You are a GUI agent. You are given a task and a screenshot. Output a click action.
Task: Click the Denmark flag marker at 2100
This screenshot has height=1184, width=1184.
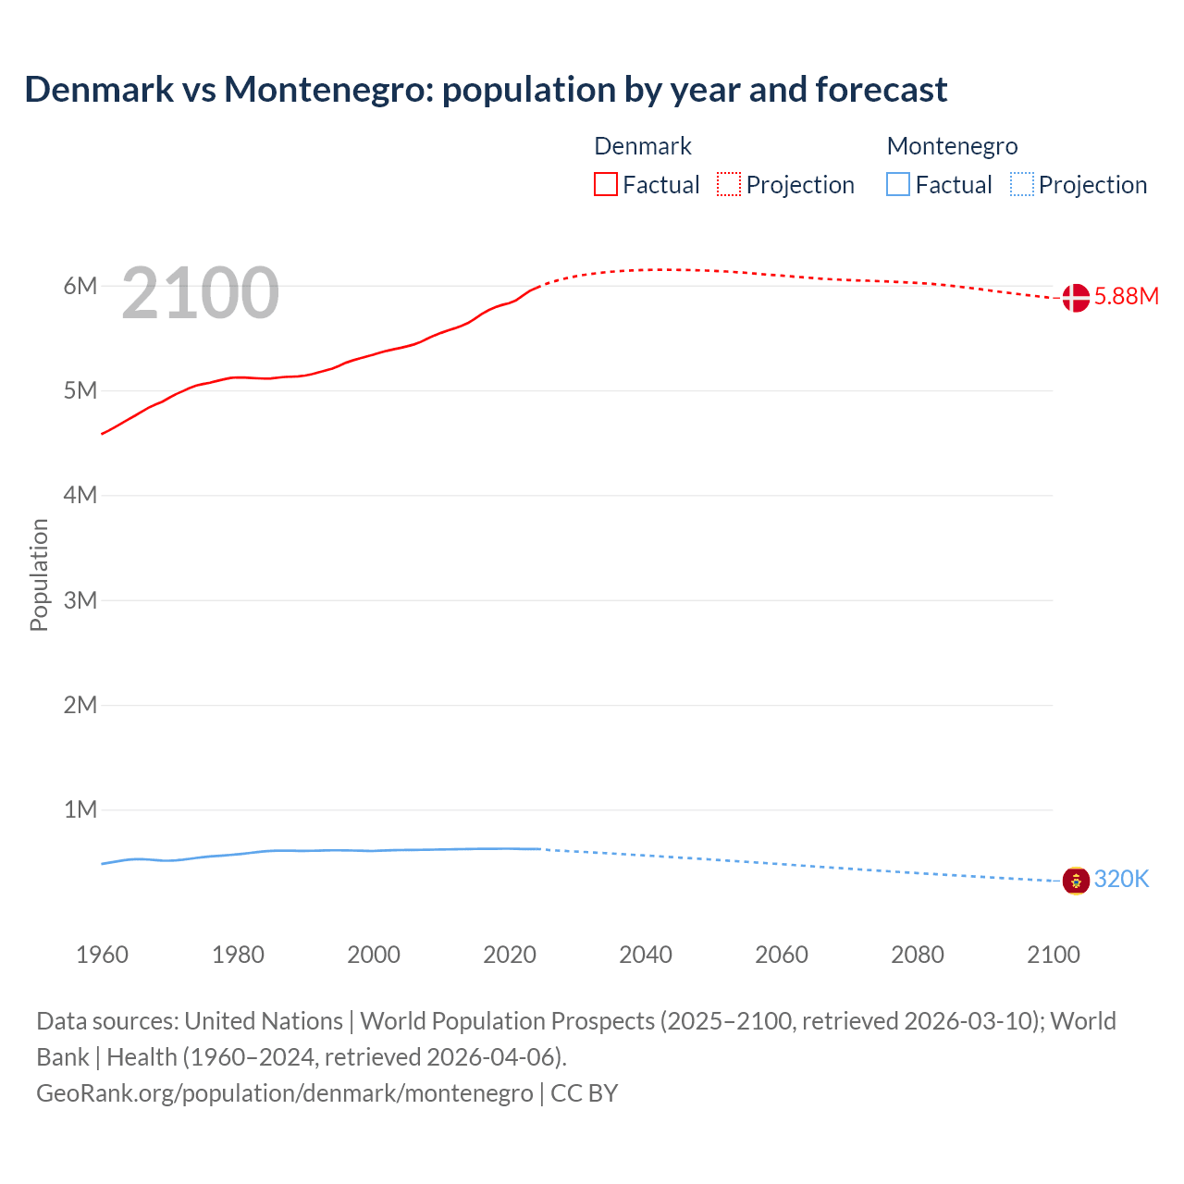(1076, 298)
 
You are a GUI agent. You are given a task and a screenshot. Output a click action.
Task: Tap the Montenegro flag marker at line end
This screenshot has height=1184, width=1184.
(1076, 881)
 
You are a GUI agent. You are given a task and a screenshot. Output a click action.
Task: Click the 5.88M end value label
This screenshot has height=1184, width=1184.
(1127, 296)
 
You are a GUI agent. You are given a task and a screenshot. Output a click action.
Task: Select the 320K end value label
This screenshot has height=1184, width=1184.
(1121, 880)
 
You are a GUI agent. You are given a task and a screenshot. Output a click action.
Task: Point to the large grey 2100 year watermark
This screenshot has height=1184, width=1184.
(200, 293)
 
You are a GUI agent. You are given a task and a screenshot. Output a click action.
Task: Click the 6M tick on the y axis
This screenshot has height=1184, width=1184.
(80, 286)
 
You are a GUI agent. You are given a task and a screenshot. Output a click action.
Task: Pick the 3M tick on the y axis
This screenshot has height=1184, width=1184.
(80, 600)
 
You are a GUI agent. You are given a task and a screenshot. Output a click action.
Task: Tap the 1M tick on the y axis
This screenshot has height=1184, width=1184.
(80, 810)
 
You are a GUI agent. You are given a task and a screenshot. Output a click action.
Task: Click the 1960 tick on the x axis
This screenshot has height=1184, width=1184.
(102, 955)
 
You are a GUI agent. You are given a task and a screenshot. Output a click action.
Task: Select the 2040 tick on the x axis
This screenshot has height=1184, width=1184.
(646, 955)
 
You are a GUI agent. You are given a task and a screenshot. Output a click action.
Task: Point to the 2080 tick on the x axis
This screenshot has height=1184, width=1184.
(918, 955)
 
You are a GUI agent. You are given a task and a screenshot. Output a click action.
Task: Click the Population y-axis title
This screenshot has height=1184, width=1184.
(39, 574)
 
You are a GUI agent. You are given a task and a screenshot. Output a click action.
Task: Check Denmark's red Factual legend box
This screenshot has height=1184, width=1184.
(606, 184)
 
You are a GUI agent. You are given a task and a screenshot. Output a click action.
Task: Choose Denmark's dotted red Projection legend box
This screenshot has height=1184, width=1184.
(729, 184)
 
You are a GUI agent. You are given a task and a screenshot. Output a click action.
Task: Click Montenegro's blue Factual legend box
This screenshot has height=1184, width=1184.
(898, 184)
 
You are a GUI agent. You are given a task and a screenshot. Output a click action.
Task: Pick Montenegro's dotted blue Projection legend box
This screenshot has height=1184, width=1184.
(1022, 184)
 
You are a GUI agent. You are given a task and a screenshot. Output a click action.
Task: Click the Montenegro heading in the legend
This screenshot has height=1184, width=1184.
(952, 146)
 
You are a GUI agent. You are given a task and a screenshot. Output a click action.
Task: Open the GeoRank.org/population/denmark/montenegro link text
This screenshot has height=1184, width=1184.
(285, 1093)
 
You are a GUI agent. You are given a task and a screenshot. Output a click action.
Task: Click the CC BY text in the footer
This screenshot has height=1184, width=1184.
(584, 1093)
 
